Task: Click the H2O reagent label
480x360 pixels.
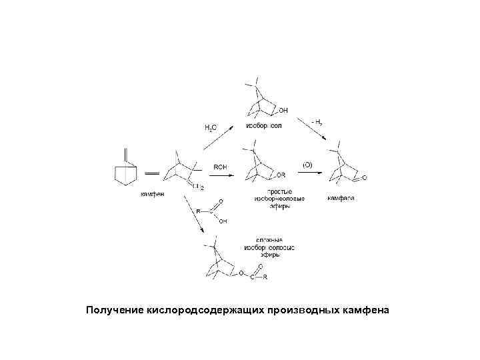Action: pos(210,127)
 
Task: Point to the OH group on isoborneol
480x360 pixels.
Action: pos(283,110)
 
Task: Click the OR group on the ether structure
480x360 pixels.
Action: pos(281,175)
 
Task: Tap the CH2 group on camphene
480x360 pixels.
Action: pos(197,187)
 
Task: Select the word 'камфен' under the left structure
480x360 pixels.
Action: pos(152,195)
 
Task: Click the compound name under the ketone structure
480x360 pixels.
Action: pos(340,198)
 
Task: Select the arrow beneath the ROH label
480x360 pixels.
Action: pos(223,175)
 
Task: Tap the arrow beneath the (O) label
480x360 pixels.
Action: pos(311,173)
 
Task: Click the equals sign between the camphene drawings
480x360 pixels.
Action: pos(151,173)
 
